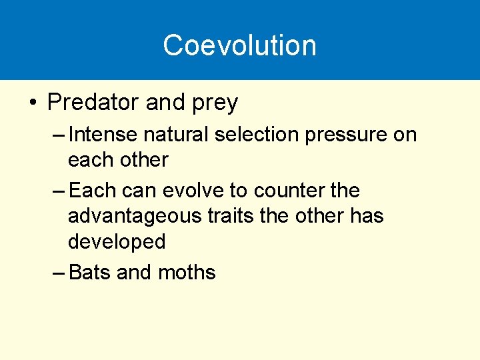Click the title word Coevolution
coord(239,45)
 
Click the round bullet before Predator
coord(32,103)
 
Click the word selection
coord(259,135)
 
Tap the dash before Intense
coord(58,135)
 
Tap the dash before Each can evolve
coord(58,191)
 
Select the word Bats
coord(89,273)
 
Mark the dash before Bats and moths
coord(58,273)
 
